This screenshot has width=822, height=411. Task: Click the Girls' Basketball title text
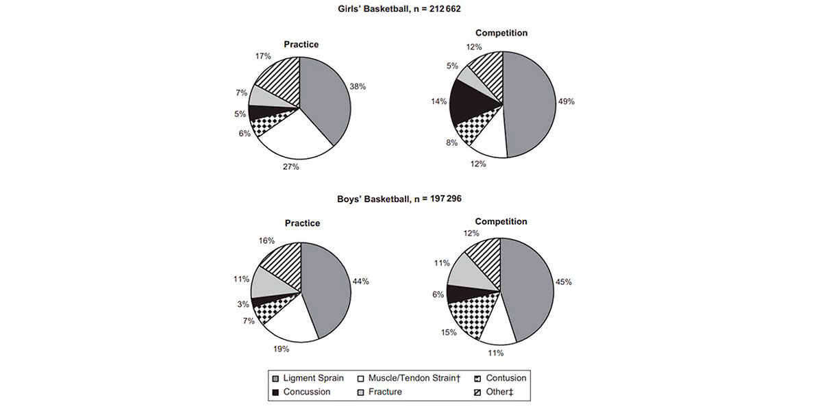click(410, 9)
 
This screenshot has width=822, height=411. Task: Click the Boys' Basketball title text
click(410, 199)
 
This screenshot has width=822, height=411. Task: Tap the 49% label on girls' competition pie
click(566, 101)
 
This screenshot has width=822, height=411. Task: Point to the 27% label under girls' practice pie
click(291, 167)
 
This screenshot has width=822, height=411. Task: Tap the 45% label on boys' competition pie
click(563, 282)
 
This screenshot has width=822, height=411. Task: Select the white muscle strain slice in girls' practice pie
click(295, 140)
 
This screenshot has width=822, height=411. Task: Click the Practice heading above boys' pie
click(302, 223)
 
